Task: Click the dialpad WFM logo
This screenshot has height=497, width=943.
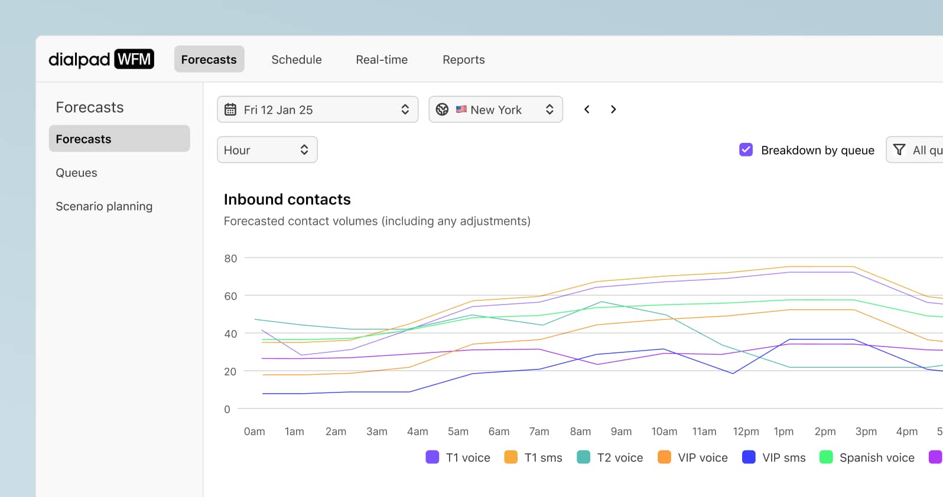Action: point(101,59)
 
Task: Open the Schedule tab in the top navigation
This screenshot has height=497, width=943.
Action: point(296,60)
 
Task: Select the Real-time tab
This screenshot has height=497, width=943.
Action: point(382,60)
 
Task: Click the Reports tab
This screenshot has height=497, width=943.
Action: point(463,60)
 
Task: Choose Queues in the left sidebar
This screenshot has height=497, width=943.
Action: point(76,173)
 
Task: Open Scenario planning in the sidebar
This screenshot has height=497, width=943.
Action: point(104,207)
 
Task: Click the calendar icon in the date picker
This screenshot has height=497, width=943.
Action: point(230,110)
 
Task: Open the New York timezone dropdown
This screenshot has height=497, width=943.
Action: point(495,110)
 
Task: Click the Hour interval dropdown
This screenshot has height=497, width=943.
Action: point(267,150)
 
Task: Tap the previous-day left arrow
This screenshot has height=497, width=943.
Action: point(587,109)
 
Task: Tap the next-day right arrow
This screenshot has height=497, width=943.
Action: point(613,109)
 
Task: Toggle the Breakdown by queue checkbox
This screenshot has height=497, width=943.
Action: point(746,150)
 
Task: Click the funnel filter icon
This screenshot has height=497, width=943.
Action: point(899,150)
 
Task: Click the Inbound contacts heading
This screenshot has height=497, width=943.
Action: point(287,200)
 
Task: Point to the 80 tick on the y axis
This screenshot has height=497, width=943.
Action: point(230,259)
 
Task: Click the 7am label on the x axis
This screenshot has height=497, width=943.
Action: point(539,431)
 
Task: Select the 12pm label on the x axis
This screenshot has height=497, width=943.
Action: point(746,431)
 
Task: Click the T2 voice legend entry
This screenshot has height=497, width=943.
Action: point(610,457)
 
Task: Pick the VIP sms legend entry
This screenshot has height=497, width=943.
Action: point(774,457)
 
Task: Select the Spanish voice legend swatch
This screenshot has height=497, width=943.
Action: point(826,457)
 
